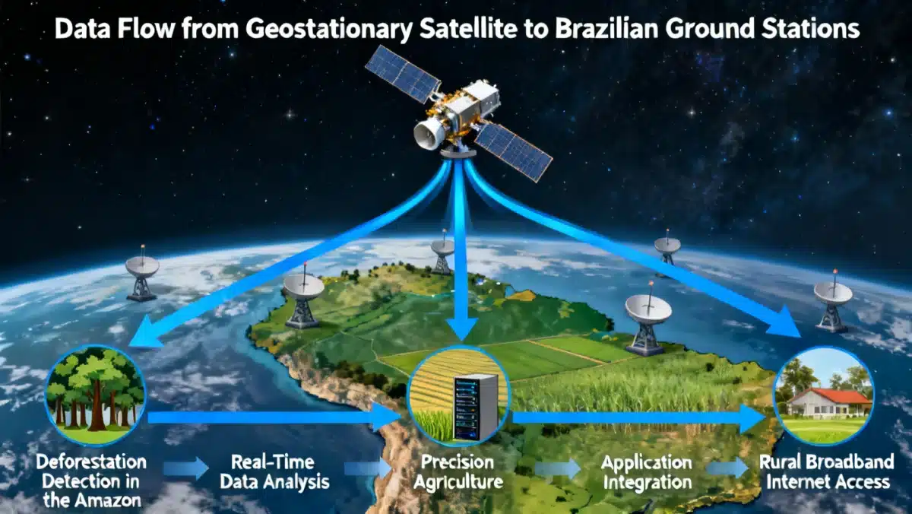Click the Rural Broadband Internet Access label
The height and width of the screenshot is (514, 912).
coord(828,472)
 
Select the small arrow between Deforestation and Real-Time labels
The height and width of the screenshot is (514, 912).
coord(185,468)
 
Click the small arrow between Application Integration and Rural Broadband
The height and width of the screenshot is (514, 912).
coord(728,468)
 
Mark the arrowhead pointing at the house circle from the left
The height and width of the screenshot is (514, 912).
coord(752,417)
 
